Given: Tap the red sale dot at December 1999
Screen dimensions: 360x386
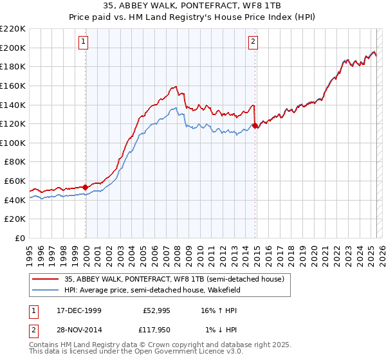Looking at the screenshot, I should [x=86, y=187].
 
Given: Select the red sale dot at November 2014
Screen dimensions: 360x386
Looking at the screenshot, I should [x=256, y=125].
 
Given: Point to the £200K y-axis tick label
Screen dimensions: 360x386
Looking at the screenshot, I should [x=13, y=48].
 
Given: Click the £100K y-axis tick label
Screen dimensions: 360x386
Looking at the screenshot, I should [x=13, y=143].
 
